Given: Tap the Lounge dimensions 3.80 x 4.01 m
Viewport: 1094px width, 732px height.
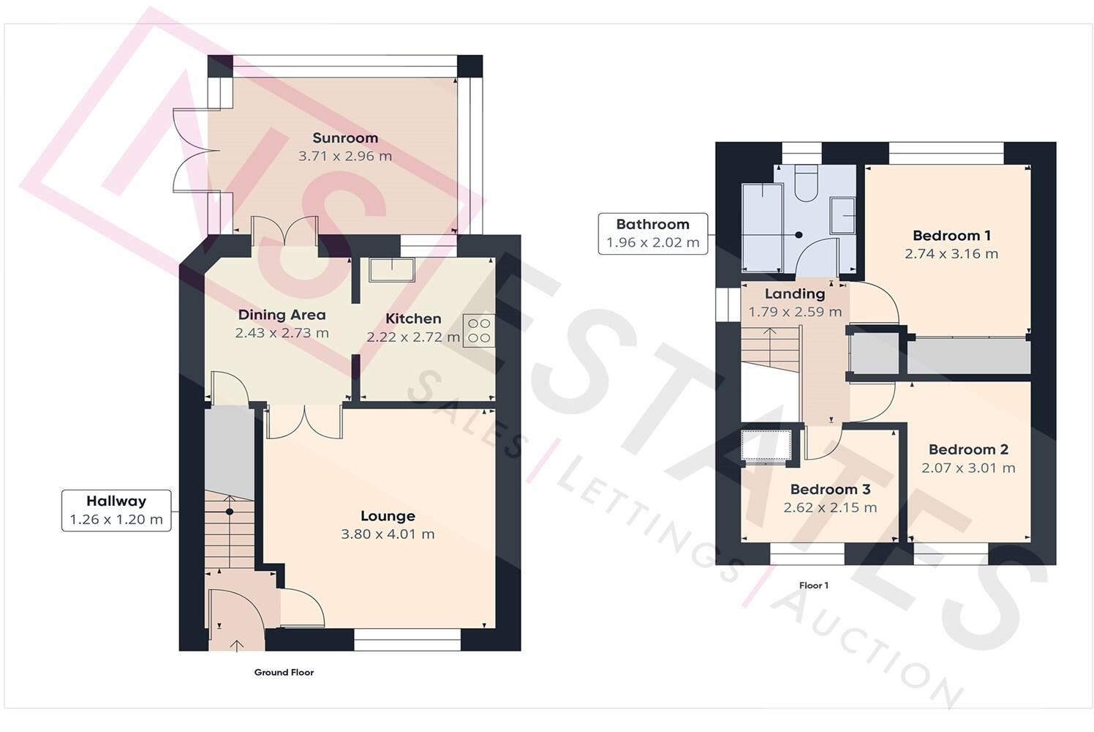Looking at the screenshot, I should pos(388,534).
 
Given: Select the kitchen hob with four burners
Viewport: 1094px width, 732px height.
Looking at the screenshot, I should pos(479,329).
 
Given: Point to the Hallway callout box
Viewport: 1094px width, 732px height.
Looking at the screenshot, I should pos(116,510).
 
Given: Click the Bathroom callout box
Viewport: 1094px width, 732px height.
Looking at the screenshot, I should pos(652,234).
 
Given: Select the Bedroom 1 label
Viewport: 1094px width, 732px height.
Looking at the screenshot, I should pos(951,236).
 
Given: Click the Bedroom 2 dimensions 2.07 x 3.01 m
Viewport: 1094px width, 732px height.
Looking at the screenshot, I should pos(968,468).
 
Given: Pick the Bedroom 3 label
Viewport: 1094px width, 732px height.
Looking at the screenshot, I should pos(830,489).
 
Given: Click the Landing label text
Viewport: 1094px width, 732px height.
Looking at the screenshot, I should pos(795,294).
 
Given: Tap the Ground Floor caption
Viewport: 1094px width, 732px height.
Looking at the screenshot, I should pos(284,672).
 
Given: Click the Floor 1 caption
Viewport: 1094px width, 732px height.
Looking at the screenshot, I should pos(814,586).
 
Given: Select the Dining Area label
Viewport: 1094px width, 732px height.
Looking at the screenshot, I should pos(282,315).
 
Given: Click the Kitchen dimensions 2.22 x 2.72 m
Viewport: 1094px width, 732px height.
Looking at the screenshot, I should pos(413,337).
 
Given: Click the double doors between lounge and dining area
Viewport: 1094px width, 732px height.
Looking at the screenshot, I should pos(305,422).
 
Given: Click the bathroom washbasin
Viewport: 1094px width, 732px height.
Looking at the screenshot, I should pos(843,215).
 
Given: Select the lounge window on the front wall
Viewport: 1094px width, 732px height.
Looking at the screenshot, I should pos(407,640).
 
